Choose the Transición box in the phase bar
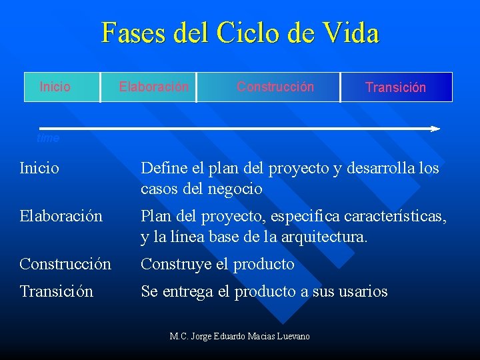click(x=396, y=87)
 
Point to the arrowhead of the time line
click(x=435, y=128)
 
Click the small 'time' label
click(x=48, y=139)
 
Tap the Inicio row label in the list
click(x=39, y=169)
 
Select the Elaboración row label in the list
click(x=61, y=217)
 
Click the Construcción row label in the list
click(x=65, y=265)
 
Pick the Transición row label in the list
click(x=56, y=292)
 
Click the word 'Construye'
click(x=176, y=265)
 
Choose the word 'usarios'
click(x=363, y=292)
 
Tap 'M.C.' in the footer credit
click(x=179, y=337)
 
